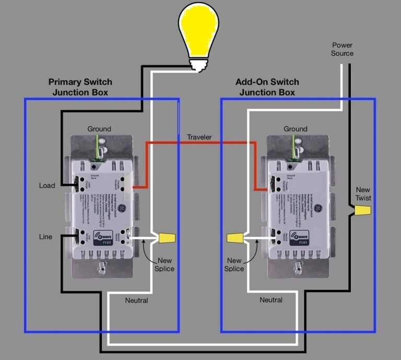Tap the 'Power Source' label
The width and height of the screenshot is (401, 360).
click(342, 49)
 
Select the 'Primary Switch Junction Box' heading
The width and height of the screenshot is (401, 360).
click(80, 87)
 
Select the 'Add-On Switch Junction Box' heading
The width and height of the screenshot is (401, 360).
click(267, 87)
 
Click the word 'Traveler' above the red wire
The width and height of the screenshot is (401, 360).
click(199, 137)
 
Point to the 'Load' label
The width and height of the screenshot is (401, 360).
click(47, 185)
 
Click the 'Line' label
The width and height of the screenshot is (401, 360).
click(46, 237)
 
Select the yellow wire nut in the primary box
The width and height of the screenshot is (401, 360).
click(167, 238)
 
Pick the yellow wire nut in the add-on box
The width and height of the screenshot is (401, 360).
click(235, 239)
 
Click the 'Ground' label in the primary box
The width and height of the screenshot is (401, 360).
click(99, 129)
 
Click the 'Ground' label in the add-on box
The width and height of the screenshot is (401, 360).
click(296, 129)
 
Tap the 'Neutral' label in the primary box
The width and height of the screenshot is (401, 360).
click(136, 300)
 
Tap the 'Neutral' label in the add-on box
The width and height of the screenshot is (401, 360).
click(271, 300)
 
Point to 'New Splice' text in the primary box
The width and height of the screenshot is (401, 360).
click(164, 264)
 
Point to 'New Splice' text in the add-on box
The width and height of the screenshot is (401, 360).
click(234, 264)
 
